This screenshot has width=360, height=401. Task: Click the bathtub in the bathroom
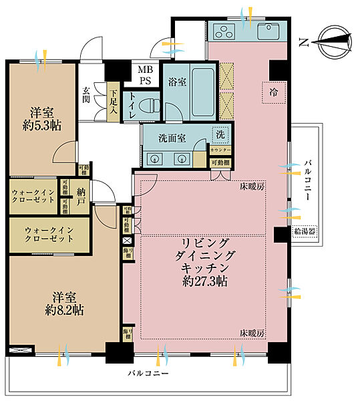pyautogui.click(x=203, y=92)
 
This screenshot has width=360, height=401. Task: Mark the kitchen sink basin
pyautogui.click(x=269, y=30)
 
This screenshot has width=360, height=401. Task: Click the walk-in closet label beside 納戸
pyautogui.click(x=31, y=197)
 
